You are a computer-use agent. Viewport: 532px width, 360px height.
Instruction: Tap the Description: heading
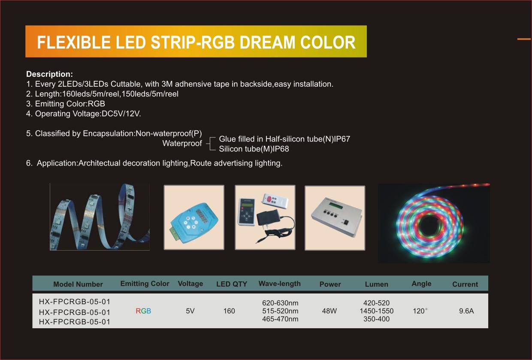click(x=49, y=74)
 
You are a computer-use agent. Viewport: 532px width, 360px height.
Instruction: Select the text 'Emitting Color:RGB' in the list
click(x=70, y=104)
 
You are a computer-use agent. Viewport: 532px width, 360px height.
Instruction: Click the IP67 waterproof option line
click(x=284, y=139)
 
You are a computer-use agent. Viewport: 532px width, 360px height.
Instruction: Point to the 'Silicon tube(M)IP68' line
click(x=254, y=149)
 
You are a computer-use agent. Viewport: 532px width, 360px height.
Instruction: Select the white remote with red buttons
click(x=275, y=201)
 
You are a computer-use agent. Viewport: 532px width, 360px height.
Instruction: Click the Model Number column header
click(x=78, y=284)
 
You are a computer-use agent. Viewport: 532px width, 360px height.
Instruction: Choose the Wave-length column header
click(x=280, y=284)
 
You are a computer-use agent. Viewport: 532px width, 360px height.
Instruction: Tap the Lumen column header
click(x=376, y=284)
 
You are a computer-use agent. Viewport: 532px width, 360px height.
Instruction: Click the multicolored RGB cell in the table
click(x=143, y=311)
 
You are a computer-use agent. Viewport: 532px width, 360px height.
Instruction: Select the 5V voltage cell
click(x=190, y=311)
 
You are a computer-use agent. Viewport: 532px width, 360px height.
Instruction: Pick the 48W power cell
click(x=329, y=311)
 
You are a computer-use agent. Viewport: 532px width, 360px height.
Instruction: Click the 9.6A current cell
click(x=466, y=311)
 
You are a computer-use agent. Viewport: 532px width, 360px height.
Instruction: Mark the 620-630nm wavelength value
click(x=280, y=303)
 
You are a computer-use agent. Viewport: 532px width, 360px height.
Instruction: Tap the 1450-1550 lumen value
click(x=376, y=311)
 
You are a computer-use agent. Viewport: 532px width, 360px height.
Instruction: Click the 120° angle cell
click(x=420, y=311)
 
